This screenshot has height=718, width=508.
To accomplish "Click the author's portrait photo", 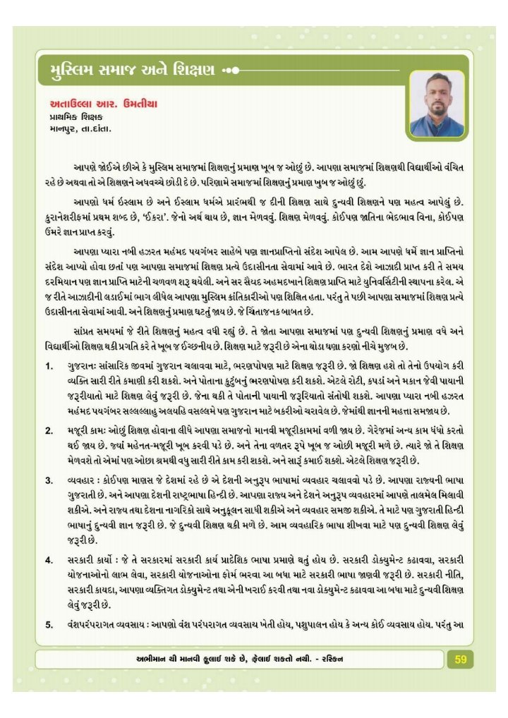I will [x=437, y=104].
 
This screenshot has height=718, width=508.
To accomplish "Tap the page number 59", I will [x=461, y=659].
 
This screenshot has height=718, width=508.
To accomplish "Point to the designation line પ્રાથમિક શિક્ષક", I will [x=75, y=117].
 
